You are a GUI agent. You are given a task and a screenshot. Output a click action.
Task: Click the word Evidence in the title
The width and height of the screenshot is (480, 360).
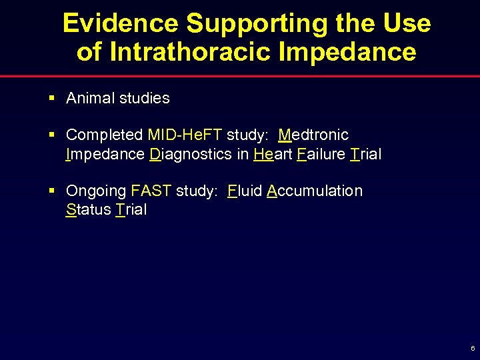pos(120,24)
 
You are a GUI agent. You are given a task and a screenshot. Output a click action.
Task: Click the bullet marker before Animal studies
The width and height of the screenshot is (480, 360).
pos(51,98)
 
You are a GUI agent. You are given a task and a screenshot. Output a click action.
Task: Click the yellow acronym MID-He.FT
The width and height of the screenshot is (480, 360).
pos(185,135)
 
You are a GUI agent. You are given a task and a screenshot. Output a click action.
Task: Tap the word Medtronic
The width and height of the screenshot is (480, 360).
pos(313,135)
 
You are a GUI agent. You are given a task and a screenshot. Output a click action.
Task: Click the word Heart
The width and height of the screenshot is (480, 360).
pos(273,155)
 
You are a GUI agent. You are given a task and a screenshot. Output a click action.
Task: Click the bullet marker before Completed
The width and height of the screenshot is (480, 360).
pos(51,135)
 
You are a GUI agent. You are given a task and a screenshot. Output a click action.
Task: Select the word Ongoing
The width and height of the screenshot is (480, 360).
pos(96,191)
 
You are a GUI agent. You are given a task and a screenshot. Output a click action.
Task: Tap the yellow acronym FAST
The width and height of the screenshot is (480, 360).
pos(151,191)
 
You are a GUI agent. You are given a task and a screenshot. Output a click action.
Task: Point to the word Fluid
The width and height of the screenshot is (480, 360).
pos(244,191)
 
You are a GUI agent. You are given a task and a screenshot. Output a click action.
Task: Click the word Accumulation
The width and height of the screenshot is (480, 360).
pos(315,191)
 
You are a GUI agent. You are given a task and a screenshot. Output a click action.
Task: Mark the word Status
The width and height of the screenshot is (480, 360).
pos(88,210)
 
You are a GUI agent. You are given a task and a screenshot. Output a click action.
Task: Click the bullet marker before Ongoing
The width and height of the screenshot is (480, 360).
pos(51,191)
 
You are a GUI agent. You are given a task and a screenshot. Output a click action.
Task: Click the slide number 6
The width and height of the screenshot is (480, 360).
pos(473,349)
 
